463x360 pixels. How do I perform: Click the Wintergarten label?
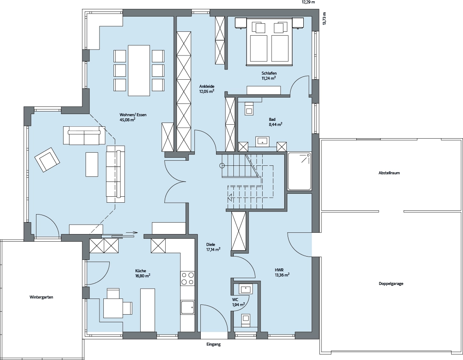[x=42, y=297]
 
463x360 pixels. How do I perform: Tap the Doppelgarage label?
[x=391, y=283]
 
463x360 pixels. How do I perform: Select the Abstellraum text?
[x=389, y=173]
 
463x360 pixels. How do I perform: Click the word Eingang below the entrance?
[x=213, y=344]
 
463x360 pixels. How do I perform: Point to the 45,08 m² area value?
[x=127, y=120]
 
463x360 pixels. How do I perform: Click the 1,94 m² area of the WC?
[x=238, y=304]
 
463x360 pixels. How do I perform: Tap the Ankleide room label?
[x=207, y=87]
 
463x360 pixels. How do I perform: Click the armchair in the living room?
[x=47, y=159]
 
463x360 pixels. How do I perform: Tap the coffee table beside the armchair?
[x=92, y=165]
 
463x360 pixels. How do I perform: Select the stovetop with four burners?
[x=188, y=278]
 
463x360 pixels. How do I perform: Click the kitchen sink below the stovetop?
[x=188, y=308]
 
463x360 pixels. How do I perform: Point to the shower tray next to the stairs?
[x=299, y=171]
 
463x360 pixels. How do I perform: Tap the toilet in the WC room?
[x=246, y=320]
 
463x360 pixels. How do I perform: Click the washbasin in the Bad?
[x=262, y=141]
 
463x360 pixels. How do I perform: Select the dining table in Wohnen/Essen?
[x=139, y=70]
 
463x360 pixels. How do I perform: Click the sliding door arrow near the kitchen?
[x=131, y=232]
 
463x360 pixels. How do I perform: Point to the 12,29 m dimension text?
[x=308, y=2]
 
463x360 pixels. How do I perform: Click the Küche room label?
[x=141, y=271]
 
